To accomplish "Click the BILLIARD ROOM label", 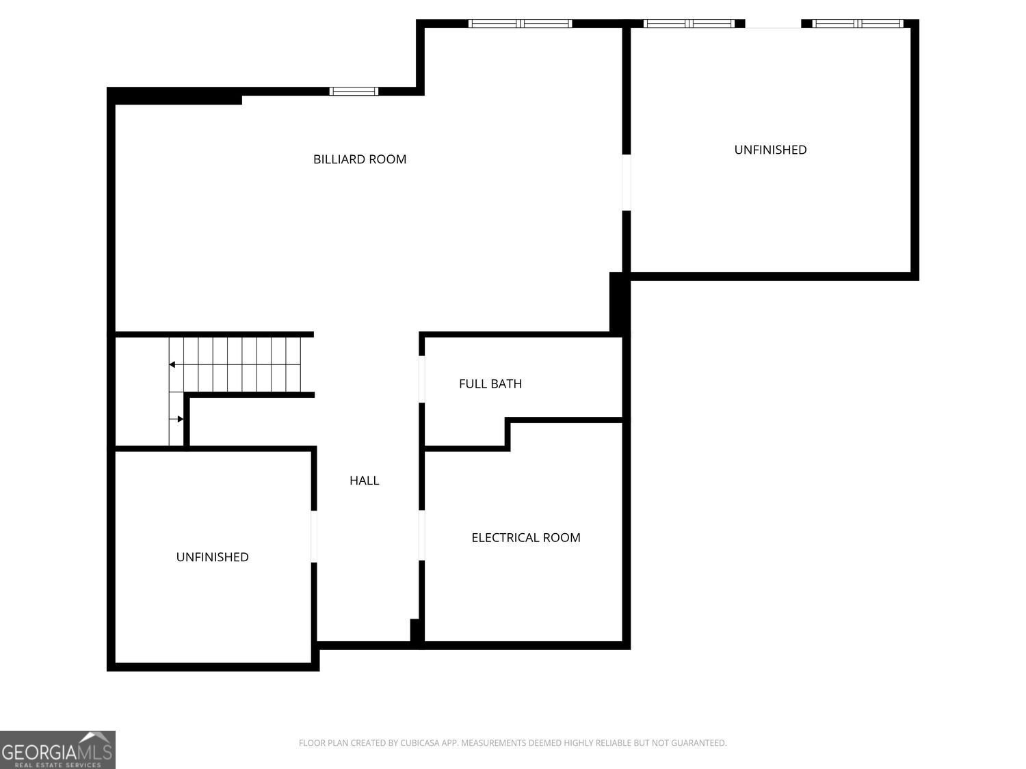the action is click(x=360, y=159).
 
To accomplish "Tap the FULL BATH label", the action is click(x=490, y=383).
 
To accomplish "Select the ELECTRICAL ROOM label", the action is click(x=526, y=537).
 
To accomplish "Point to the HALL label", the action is click(x=364, y=481).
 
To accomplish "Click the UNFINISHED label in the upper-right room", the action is click(x=770, y=150).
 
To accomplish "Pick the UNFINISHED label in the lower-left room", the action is click(x=212, y=557).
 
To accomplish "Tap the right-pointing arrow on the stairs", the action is click(x=176, y=419).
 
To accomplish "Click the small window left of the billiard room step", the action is click(x=354, y=91).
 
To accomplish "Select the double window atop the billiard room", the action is click(x=521, y=23).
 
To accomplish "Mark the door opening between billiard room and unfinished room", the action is click(x=627, y=183).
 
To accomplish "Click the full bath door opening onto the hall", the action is click(x=421, y=379).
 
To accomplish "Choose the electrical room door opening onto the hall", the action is click(x=421, y=535).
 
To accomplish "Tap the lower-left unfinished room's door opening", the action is click(x=314, y=537).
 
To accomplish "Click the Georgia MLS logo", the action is click(x=57, y=750).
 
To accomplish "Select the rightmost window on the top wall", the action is click(x=858, y=23).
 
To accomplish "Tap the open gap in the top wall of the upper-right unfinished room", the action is click(x=773, y=23).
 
